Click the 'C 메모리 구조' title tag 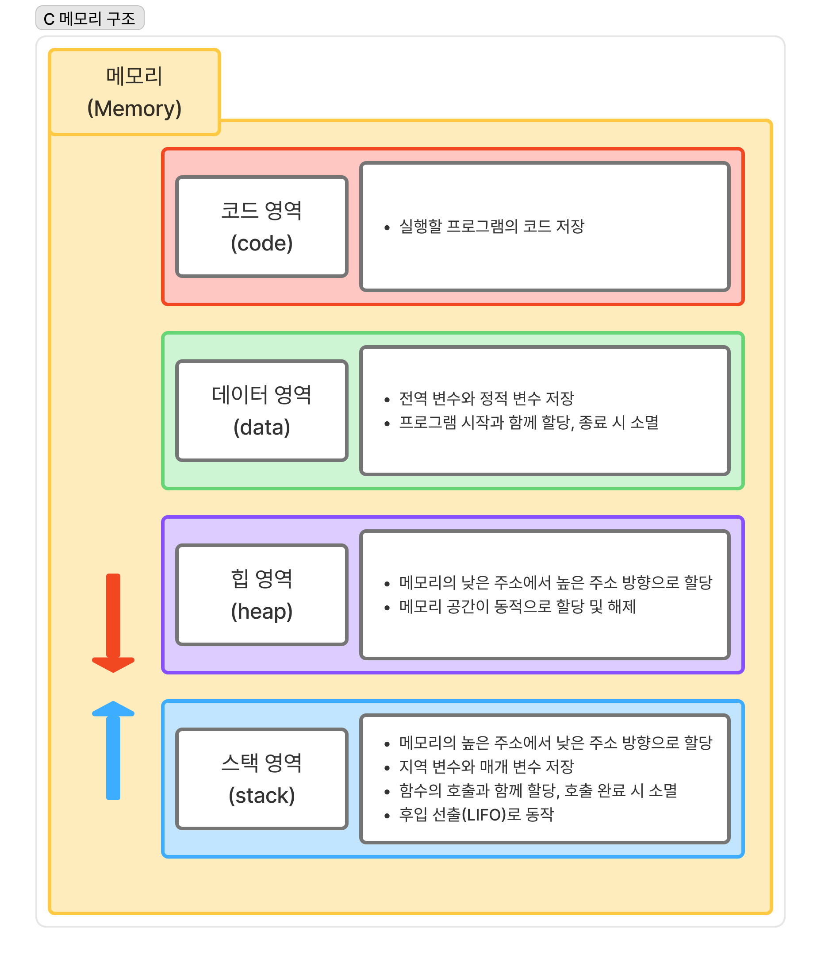pyautogui.click(x=90, y=18)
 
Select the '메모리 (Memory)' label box pyautogui.click(x=134, y=92)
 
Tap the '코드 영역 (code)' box pyautogui.click(x=261, y=226)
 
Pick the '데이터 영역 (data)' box pyautogui.click(x=261, y=410)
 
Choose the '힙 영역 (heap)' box pyautogui.click(x=261, y=594)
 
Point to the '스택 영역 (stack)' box pyautogui.click(x=261, y=778)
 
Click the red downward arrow pyautogui.click(x=113, y=623)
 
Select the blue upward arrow pyautogui.click(x=113, y=751)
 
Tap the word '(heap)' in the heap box pyautogui.click(x=261, y=612)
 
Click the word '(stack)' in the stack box pyautogui.click(x=261, y=796)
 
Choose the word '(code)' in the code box pyautogui.click(x=261, y=243)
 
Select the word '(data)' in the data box pyautogui.click(x=261, y=428)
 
